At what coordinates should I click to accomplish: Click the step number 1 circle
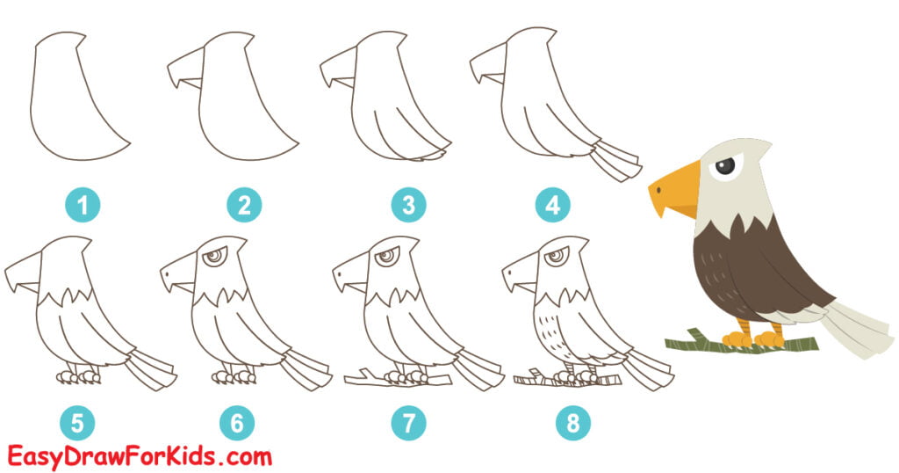[x=83, y=206]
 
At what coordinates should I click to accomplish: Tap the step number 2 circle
[x=244, y=206]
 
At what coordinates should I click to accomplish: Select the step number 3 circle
[x=408, y=206]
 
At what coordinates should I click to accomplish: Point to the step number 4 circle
[x=552, y=206]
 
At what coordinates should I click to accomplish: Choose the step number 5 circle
[x=77, y=424]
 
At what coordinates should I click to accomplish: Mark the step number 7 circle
[x=405, y=424]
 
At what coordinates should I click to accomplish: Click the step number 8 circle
[x=572, y=424]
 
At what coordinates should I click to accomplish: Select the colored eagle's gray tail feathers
[x=856, y=330]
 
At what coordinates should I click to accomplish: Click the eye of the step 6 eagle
[x=213, y=258]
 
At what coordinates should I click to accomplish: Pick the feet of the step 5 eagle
[x=79, y=376]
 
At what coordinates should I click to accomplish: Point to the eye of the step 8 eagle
[x=556, y=258]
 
